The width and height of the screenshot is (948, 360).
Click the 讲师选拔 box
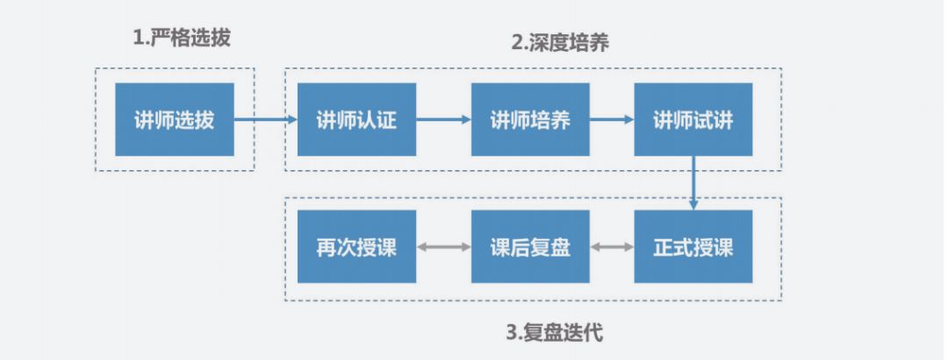[174, 119]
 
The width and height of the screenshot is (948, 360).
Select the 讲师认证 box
[356, 119]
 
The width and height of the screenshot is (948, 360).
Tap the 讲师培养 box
[530, 119]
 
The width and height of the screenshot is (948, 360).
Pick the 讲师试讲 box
[693, 119]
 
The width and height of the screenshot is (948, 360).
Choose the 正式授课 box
[693, 247]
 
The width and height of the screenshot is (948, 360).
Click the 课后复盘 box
[530, 247]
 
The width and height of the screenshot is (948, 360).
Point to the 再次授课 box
[356, 247]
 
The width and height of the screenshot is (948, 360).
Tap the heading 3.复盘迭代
[554, 333]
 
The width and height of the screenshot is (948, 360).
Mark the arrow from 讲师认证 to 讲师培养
[443, 119]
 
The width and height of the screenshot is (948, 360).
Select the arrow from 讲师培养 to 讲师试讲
[612, 119]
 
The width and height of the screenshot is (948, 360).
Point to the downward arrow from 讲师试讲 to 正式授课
[693, 183]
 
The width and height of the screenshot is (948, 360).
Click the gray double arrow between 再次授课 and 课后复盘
[443, 247]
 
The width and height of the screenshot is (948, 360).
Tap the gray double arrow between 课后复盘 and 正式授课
[612, 247]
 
